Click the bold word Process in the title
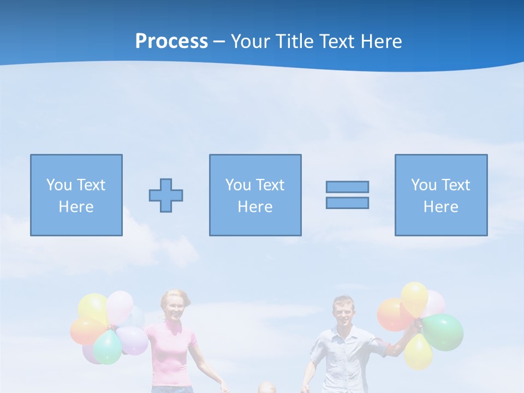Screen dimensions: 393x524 [171, 41]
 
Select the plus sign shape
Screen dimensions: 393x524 [166, 195]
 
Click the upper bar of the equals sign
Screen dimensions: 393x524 [347, 187]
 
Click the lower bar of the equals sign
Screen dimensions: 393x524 [347, 203]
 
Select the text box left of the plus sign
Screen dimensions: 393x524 [76, 195]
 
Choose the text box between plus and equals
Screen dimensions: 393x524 [255, 195]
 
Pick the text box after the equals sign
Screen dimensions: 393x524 [441, 195]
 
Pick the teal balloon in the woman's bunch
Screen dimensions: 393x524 [108, 347]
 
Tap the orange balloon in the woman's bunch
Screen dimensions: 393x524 [86, 331]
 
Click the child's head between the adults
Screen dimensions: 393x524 [266, 388]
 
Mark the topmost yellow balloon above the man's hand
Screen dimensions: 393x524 [415, 297]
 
